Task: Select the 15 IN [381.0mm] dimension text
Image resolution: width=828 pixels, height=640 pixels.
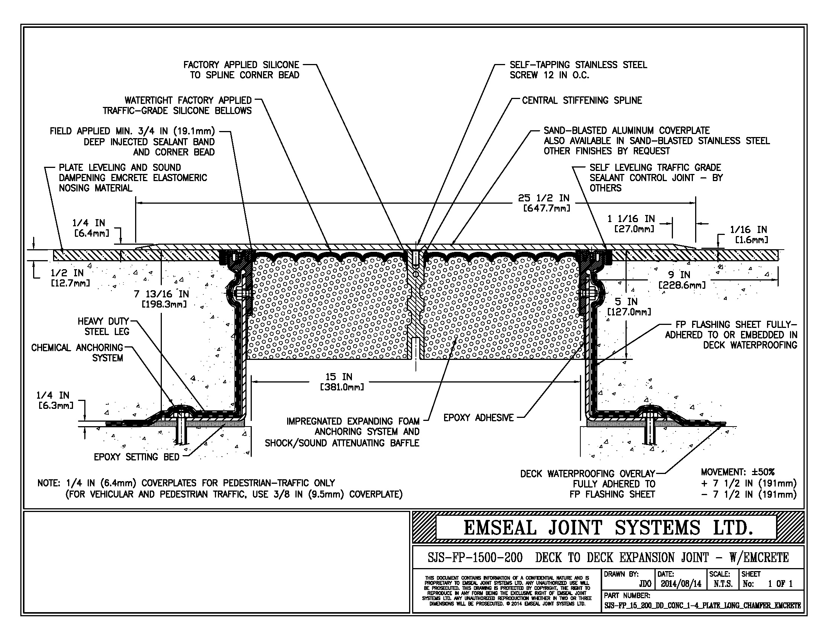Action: pos(340,382)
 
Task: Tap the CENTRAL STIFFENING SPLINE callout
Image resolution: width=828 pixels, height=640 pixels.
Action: pos(582,101)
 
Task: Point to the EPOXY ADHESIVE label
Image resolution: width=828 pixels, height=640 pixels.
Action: pos(478,418)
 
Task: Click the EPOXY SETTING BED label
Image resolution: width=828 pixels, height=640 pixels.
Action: pos(137,457)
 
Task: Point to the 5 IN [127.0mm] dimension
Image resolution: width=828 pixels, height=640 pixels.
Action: pos(629,307)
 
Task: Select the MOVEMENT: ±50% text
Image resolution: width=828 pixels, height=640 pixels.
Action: pos(737,472)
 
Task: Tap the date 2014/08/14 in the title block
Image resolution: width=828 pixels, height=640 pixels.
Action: pos(681,584)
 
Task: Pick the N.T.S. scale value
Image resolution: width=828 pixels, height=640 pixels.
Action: pos(723,584)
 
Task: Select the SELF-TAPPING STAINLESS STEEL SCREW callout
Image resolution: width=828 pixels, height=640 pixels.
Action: pos(578,70)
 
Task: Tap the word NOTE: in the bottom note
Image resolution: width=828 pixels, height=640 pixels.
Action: pos(49,483)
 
